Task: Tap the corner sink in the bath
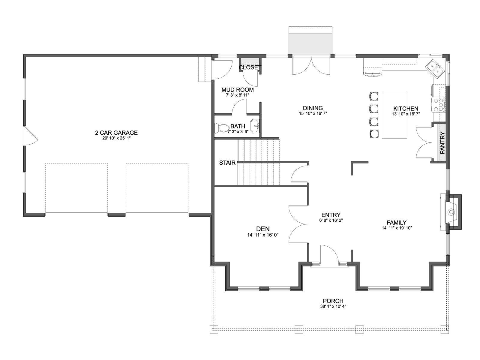[255, 126]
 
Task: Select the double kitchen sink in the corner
[435, 69]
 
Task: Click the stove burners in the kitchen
[439, 105]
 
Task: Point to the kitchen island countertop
[394, 115]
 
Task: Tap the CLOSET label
[250, 67]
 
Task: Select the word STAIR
[227, 163]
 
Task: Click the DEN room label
[263, 229]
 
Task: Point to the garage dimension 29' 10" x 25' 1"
[116, 138]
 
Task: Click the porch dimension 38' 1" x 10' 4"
[333, 306]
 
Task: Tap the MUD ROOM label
[238, 90]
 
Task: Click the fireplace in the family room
[451, 212]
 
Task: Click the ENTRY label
[331, 215]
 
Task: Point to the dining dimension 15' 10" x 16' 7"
[313, 113]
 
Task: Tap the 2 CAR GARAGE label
[116, 133]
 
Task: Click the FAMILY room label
[397, 223]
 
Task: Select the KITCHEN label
[406, 108]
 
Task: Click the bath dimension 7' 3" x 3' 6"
[238, 132]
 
